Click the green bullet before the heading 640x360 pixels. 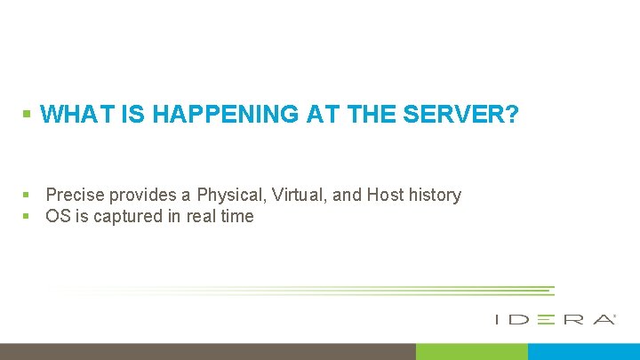(x=27, y=114)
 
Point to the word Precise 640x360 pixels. (x=74, y=195)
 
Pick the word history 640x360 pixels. (x=435, y=195)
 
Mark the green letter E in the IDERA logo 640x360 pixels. (x=545, y=319)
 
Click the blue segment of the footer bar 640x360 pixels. (x=583, y=351)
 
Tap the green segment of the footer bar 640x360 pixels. (x=471, y=351)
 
